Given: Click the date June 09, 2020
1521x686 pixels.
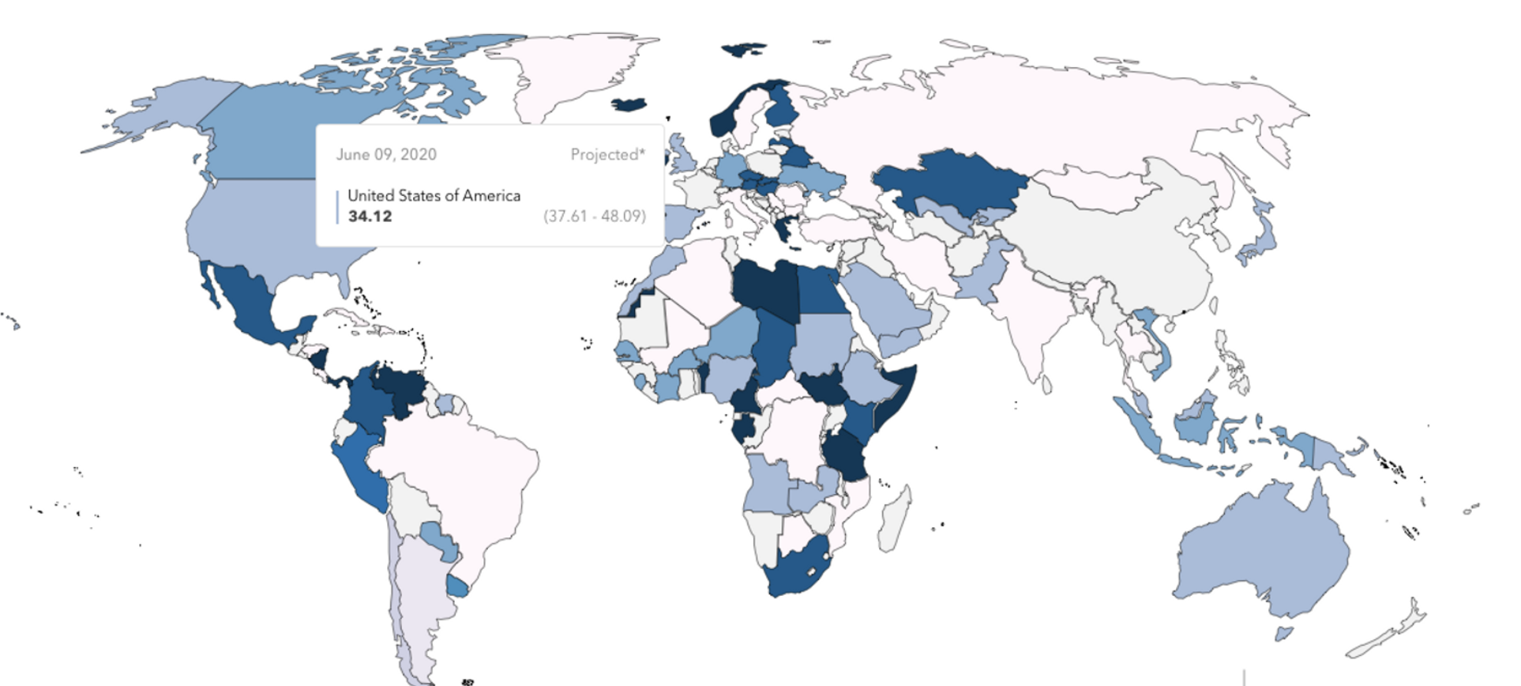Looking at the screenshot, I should [x=386, y=154].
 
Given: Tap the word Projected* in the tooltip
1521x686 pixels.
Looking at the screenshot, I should [x=607, y=154].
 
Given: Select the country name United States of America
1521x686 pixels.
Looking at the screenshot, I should [x=434, y=195].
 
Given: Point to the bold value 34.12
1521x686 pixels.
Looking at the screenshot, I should [x=370, y=216].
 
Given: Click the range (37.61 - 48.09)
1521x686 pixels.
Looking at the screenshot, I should [x=594, y=216].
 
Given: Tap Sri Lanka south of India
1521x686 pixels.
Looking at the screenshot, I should [x=1047, y=385].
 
